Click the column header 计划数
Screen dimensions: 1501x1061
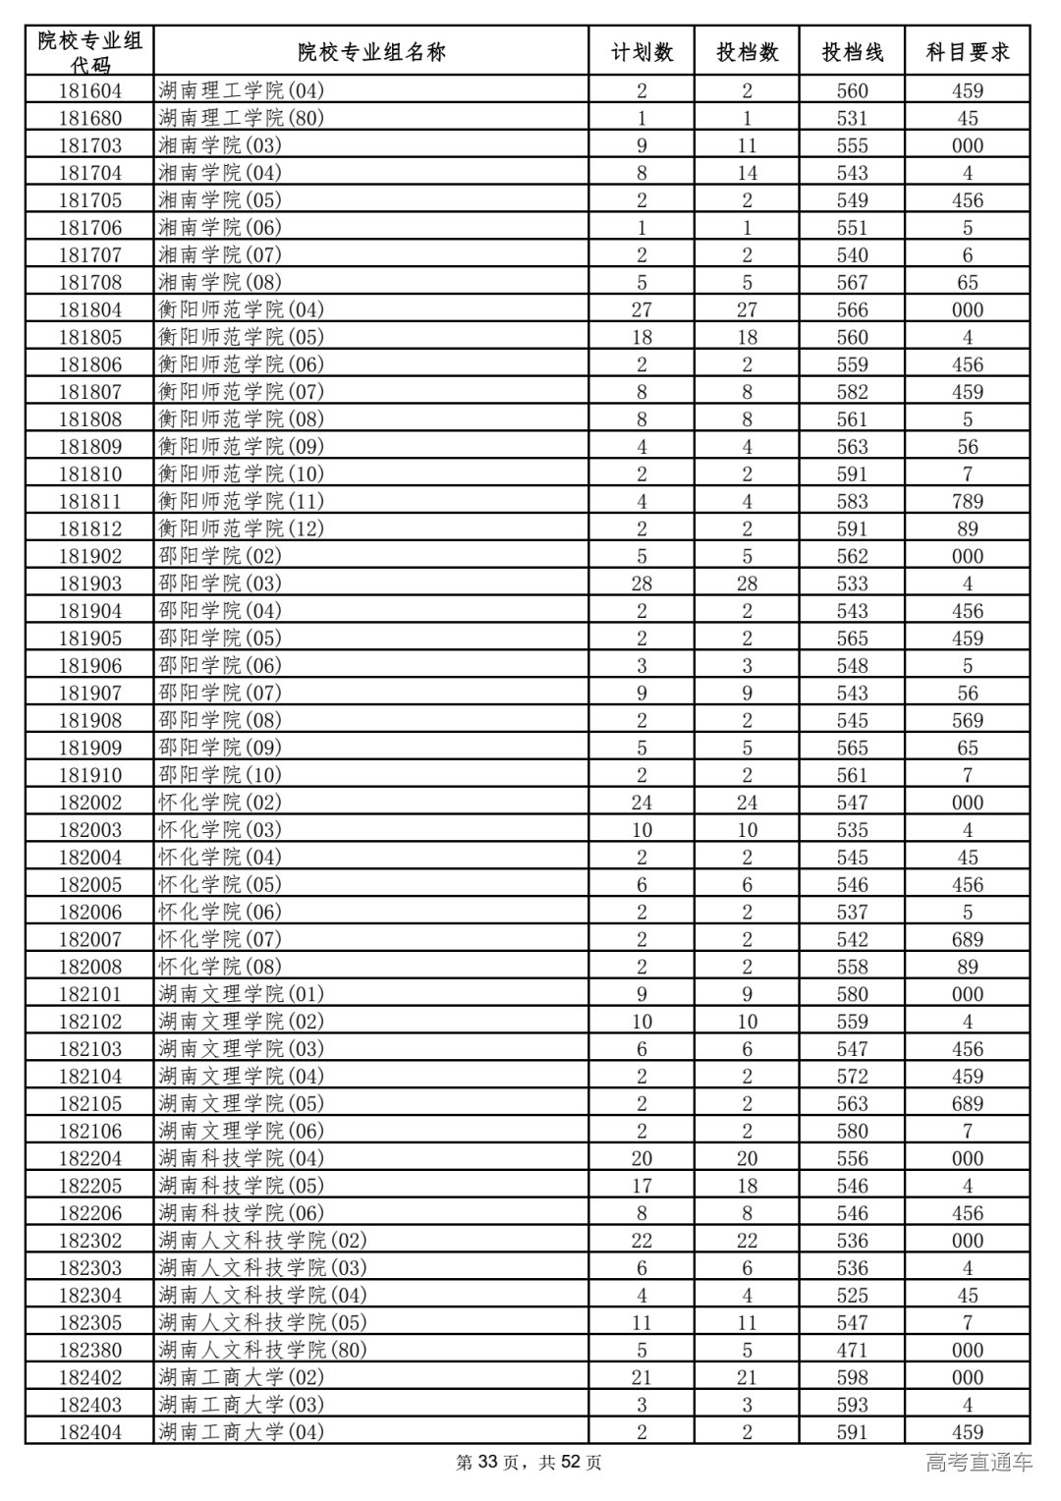[x=642, y=52]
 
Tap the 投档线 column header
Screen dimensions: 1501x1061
[x=852, y=52]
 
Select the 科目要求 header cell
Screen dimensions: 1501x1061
[x=967, y=52]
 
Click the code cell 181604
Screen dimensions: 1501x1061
[x=90, y=90]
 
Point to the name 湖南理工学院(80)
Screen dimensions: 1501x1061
[x=241, y=118]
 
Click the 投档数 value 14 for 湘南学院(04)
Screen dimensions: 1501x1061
[x=747, y=173]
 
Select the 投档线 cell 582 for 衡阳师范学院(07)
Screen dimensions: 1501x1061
[x=852, y=391]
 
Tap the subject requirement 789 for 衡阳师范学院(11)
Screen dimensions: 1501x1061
[x=967, y=501]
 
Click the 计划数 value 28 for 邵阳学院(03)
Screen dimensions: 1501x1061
[x=642, y=584]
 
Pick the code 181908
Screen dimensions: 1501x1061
[x=90, y=720]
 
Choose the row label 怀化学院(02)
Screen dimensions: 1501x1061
[x=220, y=803]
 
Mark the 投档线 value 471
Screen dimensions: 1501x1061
[x=852, y=1350]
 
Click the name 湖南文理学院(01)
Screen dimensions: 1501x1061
[x=241, y=994]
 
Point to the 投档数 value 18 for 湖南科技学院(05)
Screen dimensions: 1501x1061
[x=747, y=1186]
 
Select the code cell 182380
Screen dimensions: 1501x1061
[x=90, y=1350]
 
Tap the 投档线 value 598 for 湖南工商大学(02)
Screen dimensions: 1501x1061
[x=852, y=1377]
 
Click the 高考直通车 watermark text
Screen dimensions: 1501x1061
[x=978, y=1462]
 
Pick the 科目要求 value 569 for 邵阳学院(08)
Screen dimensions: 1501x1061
[x=967, y=720]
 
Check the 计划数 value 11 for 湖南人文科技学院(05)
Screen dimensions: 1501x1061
[x=642, y=1322]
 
